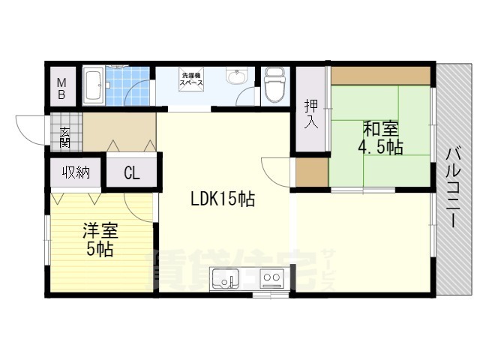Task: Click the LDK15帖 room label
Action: [x=222, y=199]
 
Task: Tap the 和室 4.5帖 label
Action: [x=381, y=136]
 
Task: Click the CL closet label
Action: [x=131, y=174]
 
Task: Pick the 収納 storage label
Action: [x=76, y=172]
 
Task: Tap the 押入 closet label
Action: [x=310, y=113]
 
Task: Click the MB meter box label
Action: [x=63, y=88]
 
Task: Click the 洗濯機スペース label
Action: [x=190, y=79]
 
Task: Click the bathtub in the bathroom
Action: [x=93, y=88]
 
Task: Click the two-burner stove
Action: [x=271, y=280]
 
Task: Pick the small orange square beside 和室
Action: [x=307, y=172]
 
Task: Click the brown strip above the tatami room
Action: [x=381, y=75]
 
